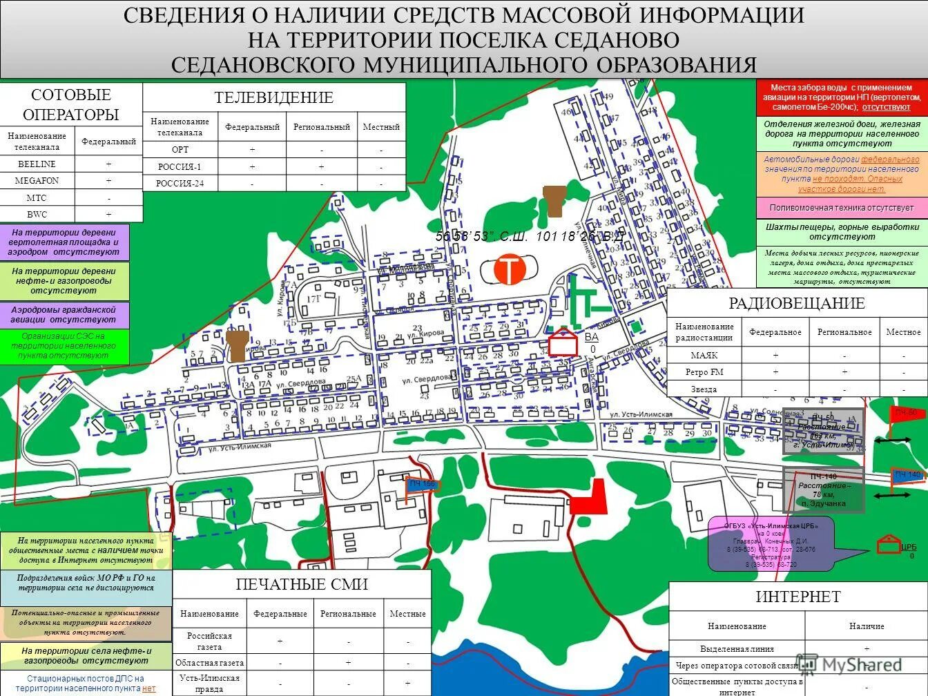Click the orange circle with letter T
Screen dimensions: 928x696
(x=510, y=270)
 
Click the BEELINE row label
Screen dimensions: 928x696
(x=36, y=164)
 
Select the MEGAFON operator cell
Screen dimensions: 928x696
(x=37, y=181)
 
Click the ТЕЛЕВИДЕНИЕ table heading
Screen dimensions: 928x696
(x=274, y=98)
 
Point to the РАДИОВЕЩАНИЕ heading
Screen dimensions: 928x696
(x=796, y=303)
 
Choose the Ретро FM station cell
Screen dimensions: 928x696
(x=704, y=372)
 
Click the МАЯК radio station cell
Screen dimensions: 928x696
(x=704, y=355)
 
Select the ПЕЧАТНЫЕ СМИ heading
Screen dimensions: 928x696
(x=302, y=585)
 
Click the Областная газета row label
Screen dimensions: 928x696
(x=209, y=663)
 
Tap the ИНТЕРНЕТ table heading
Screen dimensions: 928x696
(x=798, y=597)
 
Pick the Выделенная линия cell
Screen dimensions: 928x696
(x=737, y=649)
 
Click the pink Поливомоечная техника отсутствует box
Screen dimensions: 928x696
(x=842, y=208)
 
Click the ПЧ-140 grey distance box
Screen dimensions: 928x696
(x=823, y=490)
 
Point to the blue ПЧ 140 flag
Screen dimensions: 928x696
(x=907, y=475)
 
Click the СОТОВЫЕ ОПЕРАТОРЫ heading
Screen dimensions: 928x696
(x=71, y=105)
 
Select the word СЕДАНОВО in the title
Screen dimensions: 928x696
(x=617, y=40)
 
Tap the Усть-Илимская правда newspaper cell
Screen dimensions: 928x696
(x=209, y=683)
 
